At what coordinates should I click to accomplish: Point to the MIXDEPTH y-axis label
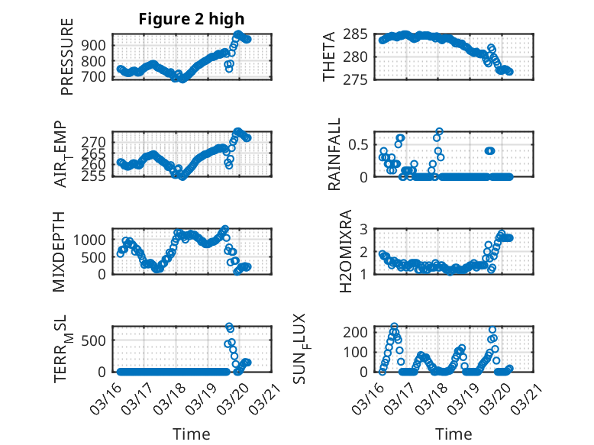coord(60,251)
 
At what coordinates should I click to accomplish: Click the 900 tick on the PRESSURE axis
coord(98,45)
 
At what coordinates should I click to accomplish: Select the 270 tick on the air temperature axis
coord(98,142)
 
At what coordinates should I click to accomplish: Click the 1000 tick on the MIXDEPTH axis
coord(95,240)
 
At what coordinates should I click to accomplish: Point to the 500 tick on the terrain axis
coord(98,340)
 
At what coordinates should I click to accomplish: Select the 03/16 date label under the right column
coord(372,397)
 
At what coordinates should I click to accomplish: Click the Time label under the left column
coord(192,434)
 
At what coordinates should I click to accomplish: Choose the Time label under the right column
coord(454,434)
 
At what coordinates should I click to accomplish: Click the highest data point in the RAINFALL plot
coord(439,131)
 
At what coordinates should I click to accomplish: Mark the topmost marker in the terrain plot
coord(229,326)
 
